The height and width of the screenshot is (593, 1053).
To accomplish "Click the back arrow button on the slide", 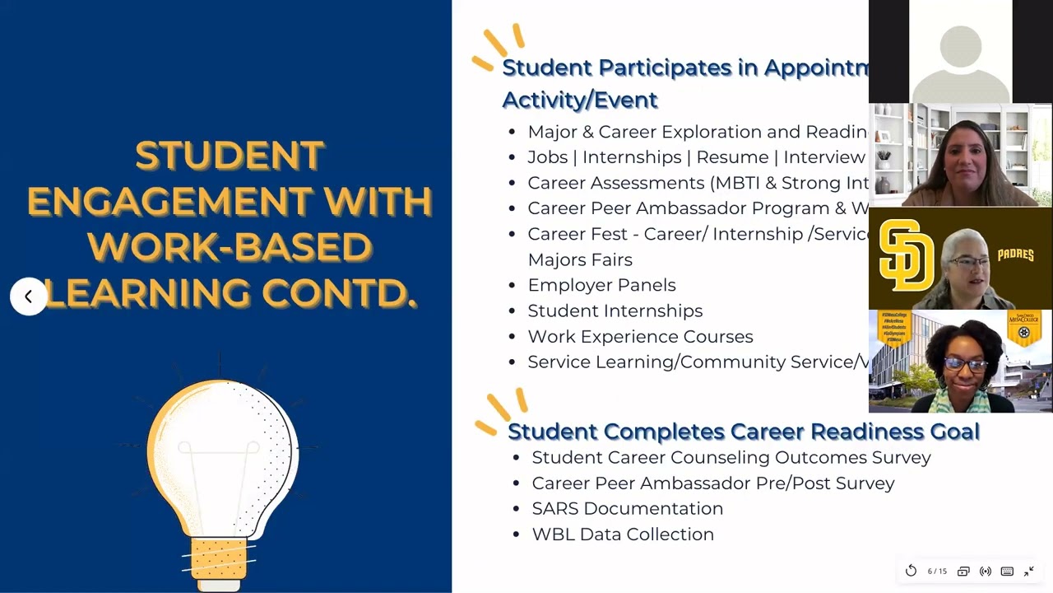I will [x=28, y=296].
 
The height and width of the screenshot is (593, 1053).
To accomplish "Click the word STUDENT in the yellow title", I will [x=230, y=156].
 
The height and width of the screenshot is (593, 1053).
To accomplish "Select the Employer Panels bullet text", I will [x=601, y=285].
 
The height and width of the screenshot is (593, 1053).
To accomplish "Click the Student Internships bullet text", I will [x=615, y=311].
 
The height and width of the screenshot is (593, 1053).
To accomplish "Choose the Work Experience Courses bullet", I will [x=640, y=336].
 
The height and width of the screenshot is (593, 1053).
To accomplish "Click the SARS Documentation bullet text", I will [x=627, y=508].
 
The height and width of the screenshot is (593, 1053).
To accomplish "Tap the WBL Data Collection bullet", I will [x=622, y=534].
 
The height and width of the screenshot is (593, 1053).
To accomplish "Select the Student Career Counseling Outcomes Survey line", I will [x=731, y=457].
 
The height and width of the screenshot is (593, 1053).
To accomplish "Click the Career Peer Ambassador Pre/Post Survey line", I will [x=712, y=483].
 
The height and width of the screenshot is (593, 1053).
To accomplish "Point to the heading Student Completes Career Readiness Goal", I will [x=743, y=431].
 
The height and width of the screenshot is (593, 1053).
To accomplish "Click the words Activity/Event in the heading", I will [x=579, y=100].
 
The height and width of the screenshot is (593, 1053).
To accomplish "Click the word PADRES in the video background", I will [x=1015, y=254].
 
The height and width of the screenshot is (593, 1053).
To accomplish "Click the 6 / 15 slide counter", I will [x=937, y=571].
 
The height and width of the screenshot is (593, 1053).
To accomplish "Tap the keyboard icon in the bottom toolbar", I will [x=1007, y=571].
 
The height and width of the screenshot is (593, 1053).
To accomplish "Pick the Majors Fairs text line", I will [x=579, y=259].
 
